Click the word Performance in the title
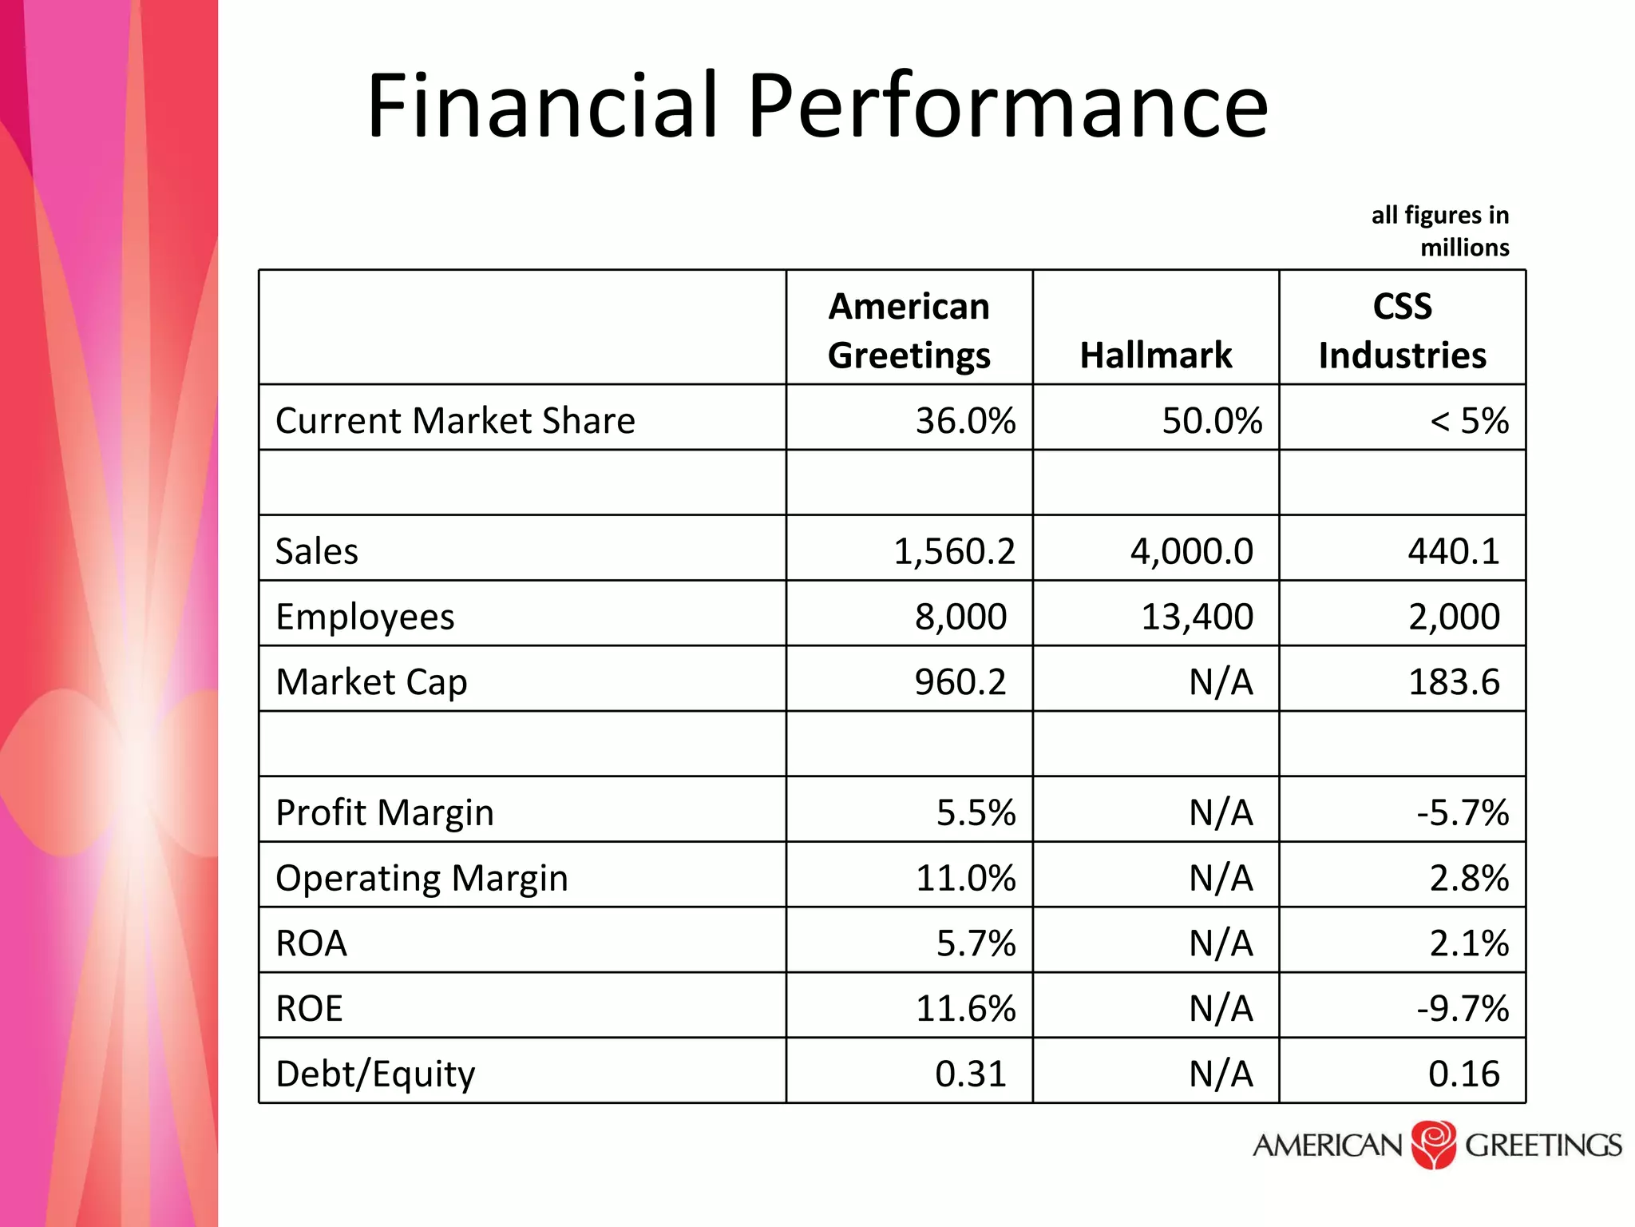(1008, 106)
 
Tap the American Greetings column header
(909, 330)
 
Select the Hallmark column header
(1155, 355)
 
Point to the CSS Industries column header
(1402, 330)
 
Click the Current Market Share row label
(455, 420)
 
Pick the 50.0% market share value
(1211, 420)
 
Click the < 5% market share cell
(1468, 420)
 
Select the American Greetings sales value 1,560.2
(954, 551)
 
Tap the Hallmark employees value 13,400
(1197, 617)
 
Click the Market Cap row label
(371, 682)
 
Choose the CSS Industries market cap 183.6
(1454, 682)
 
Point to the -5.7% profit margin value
(1463, 812)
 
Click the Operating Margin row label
(422, 878)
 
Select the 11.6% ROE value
(965, 1008)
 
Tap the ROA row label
(311, 943)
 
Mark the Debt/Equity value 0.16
(1463, 1074)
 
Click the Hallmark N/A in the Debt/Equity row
(1221, 1074)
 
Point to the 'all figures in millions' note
(1440, 231)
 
